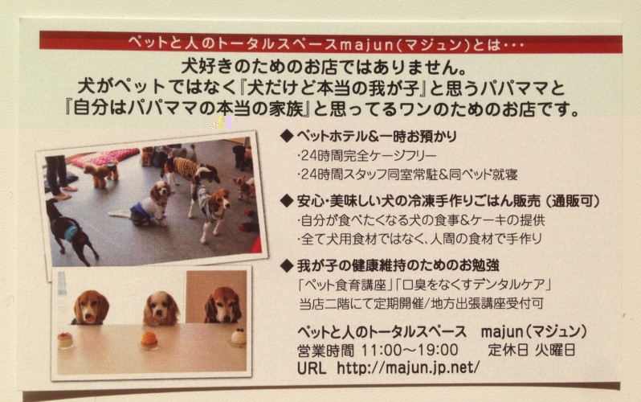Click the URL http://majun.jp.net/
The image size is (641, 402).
coord(408,367)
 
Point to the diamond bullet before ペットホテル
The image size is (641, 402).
coord(287,136)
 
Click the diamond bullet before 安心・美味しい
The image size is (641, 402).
coord(287,200)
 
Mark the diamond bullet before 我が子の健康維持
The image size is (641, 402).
coord(287,265)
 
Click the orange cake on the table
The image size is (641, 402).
coord(149,340)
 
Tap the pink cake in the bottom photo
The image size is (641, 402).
coord(65,340)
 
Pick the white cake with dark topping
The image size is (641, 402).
coord(239,337)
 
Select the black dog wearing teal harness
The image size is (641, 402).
coord(67,232)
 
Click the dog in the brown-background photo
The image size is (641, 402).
coord(223,304)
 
